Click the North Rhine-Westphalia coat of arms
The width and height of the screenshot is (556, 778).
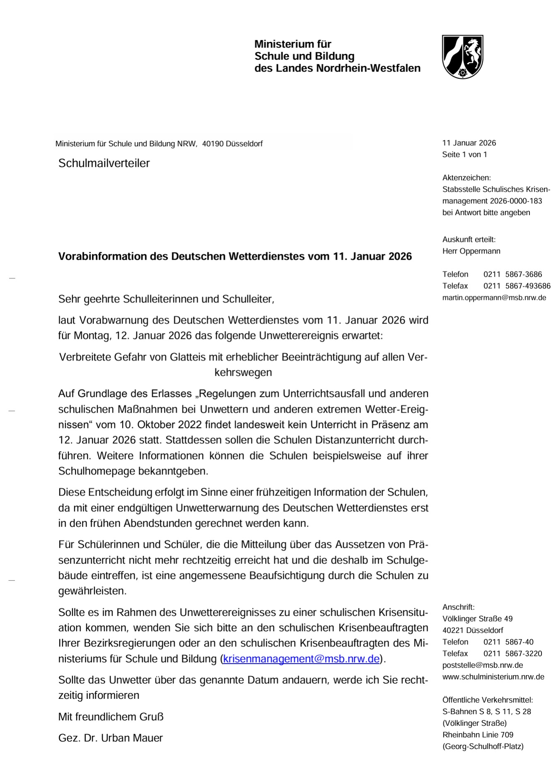[x=462, y=57]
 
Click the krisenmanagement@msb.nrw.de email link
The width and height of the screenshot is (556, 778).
[x=301, y=659]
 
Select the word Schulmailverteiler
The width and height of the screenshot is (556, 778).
[x=104, y=163]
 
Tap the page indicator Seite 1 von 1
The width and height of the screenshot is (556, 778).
[x=464, y=155]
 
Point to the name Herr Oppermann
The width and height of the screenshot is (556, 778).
[x=471, y=251]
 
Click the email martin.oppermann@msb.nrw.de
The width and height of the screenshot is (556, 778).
[x=494, y=297]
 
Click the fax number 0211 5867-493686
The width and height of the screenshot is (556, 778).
[x=517, y=286]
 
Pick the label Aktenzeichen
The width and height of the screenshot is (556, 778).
[x=466, y=178]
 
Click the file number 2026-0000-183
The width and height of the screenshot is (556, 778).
[x=516, y=201]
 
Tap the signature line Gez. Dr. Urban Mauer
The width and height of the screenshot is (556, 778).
[x=111, y=738]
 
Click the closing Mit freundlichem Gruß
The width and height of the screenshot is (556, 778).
[x=111, y=717]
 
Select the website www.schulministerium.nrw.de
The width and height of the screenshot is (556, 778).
[x=493, y=677]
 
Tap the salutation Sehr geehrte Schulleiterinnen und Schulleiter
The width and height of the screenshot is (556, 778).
[x=166, y=299]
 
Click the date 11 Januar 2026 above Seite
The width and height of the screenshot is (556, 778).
[x=469, y=143]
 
